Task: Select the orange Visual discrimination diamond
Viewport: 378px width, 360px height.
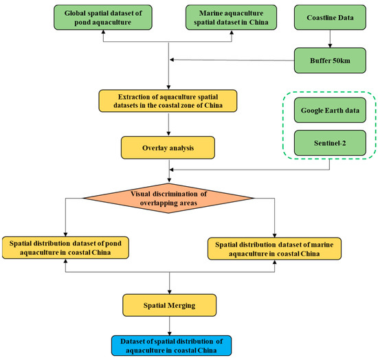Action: [169, 197]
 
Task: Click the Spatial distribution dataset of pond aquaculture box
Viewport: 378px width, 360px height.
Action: [67, 248]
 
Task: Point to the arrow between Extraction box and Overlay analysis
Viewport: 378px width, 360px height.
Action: [168, 125]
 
